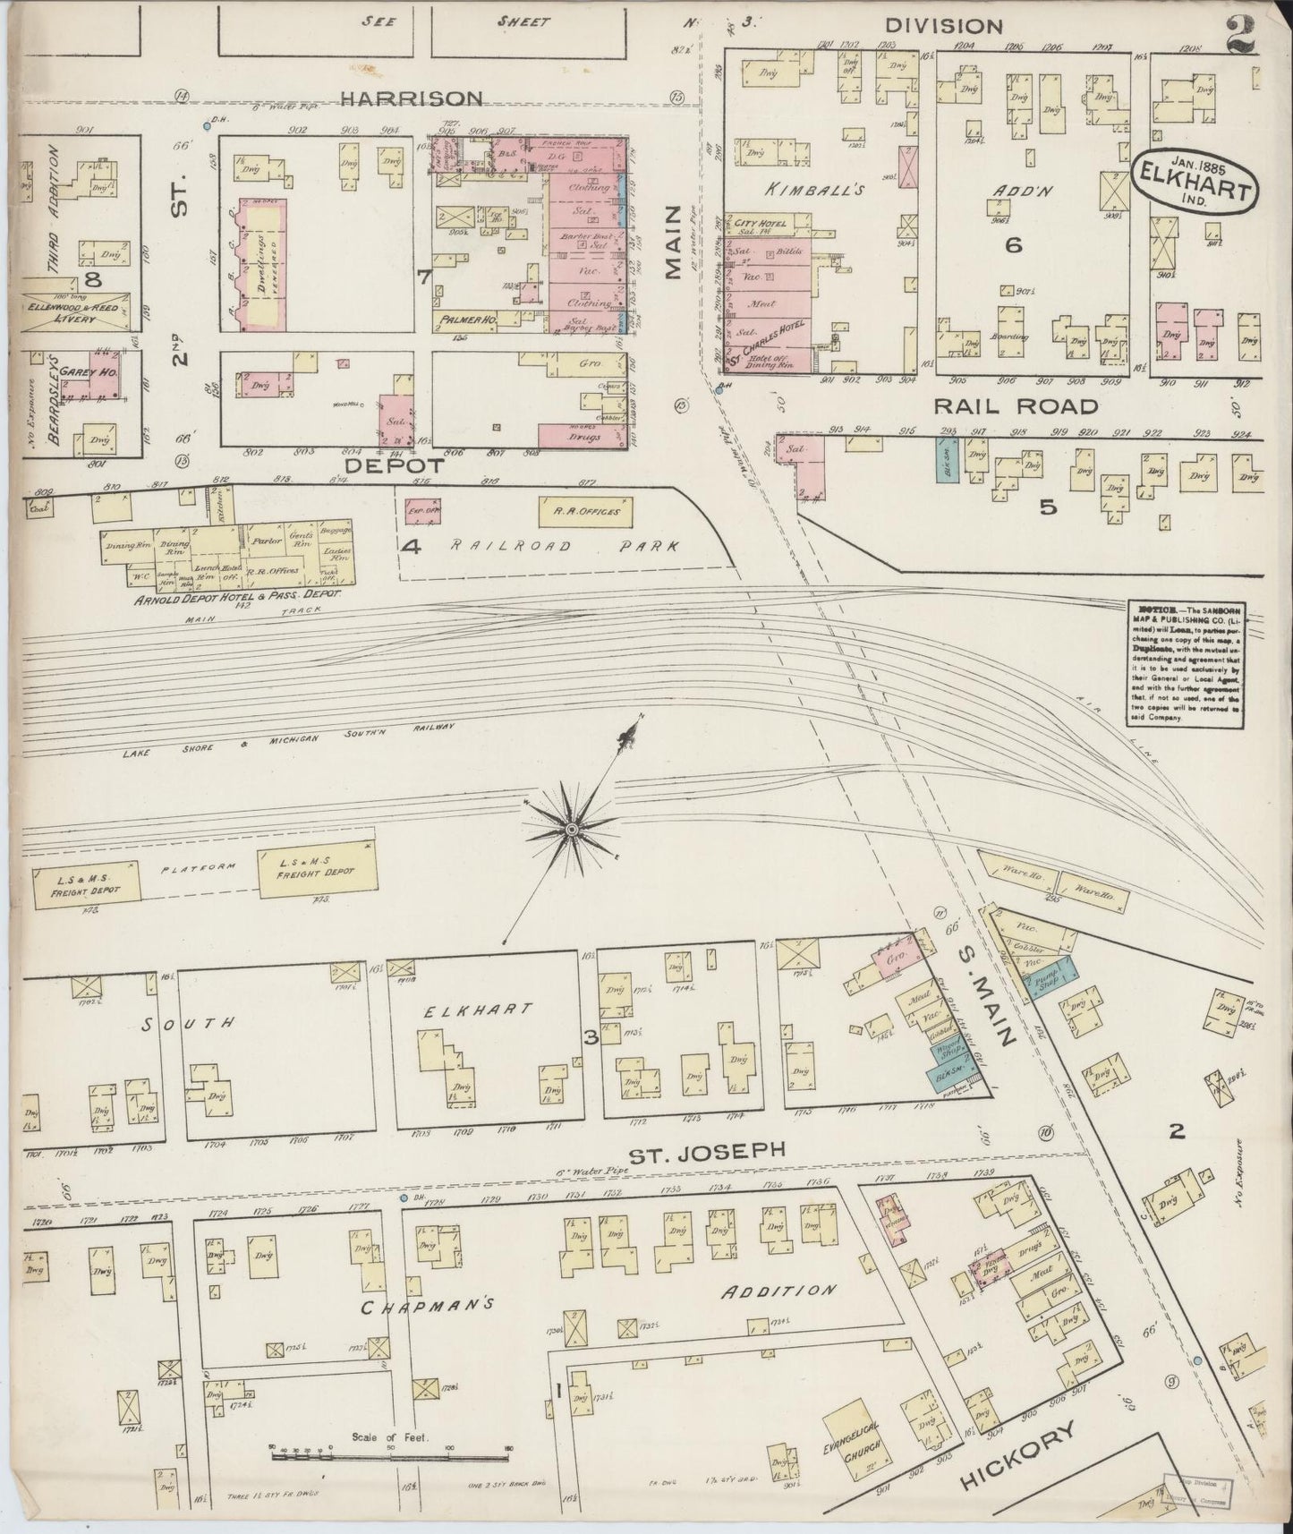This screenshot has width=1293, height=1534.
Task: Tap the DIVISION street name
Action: pos(943,26)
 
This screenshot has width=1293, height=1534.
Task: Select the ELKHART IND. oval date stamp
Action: pos(1195,180)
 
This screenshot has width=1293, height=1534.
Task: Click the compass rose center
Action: pos(570,831)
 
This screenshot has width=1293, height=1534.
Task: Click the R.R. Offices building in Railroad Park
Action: pos(585,512)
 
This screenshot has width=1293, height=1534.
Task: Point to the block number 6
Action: pos(1013,244)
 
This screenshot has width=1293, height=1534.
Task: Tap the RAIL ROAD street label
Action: pos(1015,406)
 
